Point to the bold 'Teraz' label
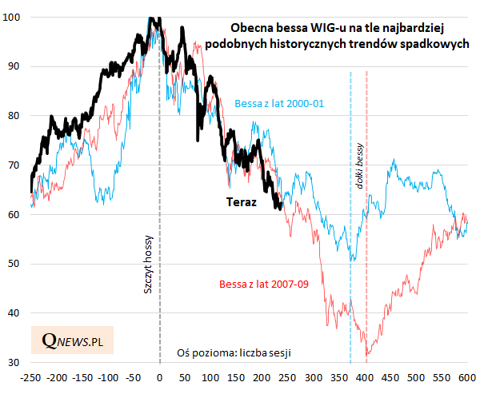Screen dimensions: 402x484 click(x=239, y=202)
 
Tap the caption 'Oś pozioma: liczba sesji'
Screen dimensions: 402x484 click(x=234, y=352)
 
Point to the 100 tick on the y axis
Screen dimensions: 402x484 click(x=14, y=17)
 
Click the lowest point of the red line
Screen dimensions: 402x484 click(x=366, y=356)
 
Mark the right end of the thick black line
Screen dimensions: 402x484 click(x=280, y=209)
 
